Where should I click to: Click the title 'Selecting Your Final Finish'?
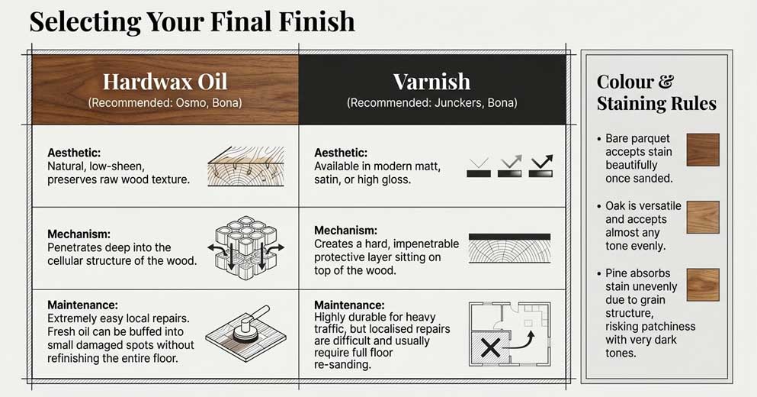(192, 21)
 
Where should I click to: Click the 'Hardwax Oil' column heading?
(165, 82)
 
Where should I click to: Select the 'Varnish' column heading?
(431, 82)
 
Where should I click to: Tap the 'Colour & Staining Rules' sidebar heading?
(656, 92)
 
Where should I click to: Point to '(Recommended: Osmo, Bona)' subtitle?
(165, 102)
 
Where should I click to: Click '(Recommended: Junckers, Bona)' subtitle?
(431, 102)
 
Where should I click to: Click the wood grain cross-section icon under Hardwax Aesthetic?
(245, 166)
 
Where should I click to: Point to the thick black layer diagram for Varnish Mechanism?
(510, 237)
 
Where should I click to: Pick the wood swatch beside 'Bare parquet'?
(702, 150)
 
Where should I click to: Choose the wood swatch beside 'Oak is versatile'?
(702, 217)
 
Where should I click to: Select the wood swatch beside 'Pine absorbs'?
(702, 284)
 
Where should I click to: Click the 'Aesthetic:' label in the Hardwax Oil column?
(74, 153)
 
